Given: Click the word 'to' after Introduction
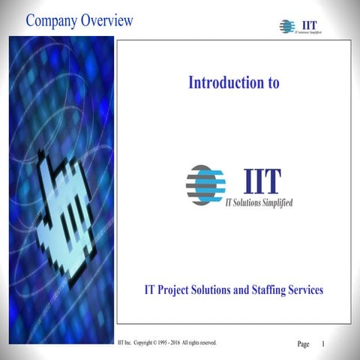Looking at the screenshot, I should coord(271,82).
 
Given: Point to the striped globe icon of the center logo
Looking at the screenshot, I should coord(205,184).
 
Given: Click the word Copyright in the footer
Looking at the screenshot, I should coord(147,342).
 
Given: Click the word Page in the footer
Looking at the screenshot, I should coord(303,344).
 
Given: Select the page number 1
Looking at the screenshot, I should coord(322,343).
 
